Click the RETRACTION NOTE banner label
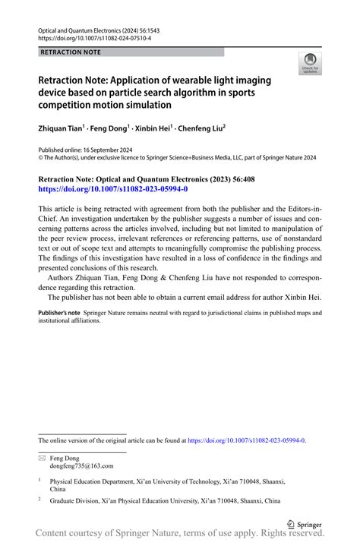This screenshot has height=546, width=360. tap(69, 52)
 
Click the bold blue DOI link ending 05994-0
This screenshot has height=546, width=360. tap(112, 188)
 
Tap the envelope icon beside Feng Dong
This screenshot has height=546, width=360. tap(42, 459)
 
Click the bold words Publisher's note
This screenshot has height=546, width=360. tap(59, 313)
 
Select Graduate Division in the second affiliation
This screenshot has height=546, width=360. tap(77, 501)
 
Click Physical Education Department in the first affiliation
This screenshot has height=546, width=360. tap(96, 481)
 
